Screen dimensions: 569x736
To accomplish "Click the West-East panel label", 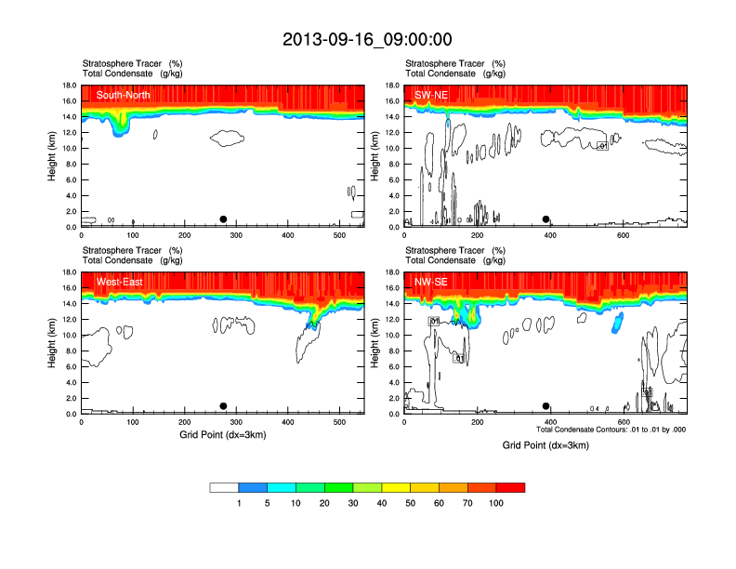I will (120, 282).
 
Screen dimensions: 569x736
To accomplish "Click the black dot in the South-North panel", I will (223, 219).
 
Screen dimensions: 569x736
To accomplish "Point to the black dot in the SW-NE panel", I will (546, 219).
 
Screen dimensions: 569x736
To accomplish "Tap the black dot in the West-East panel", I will (223, 406).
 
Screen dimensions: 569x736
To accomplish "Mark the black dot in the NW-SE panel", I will (546, 406).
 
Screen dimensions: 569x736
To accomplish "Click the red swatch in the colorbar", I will (510, 487).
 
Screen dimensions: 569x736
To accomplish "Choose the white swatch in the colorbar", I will (224, 487).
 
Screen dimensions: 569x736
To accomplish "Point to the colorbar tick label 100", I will (495, 503).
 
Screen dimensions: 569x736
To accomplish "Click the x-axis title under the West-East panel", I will (223, 434).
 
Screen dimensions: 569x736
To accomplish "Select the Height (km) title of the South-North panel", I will (54, 156).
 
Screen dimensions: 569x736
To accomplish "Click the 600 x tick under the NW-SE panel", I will (624, 422).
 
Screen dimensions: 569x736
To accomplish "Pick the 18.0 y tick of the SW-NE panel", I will (392, 86).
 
